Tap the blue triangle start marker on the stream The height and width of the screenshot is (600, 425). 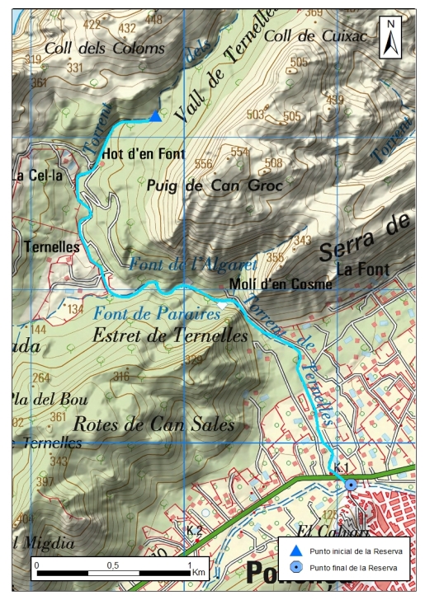(155, 116)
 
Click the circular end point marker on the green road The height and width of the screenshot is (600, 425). (350, 485)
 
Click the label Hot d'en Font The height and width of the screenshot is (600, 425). (143, 154)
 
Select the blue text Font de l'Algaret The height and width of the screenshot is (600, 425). (193, 265)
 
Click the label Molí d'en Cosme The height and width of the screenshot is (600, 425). (280, 284)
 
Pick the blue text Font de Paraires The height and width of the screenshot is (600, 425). (146, 314)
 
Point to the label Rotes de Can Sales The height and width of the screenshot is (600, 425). (154, 424)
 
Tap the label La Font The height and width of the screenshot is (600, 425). (357, 268)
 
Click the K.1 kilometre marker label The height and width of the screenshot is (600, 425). (342, 468)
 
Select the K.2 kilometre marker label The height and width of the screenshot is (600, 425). (195, 530)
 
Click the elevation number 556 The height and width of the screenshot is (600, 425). (204, 164)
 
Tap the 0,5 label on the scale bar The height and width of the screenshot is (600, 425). (112, 565)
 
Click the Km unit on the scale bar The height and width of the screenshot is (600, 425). (198, 571)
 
